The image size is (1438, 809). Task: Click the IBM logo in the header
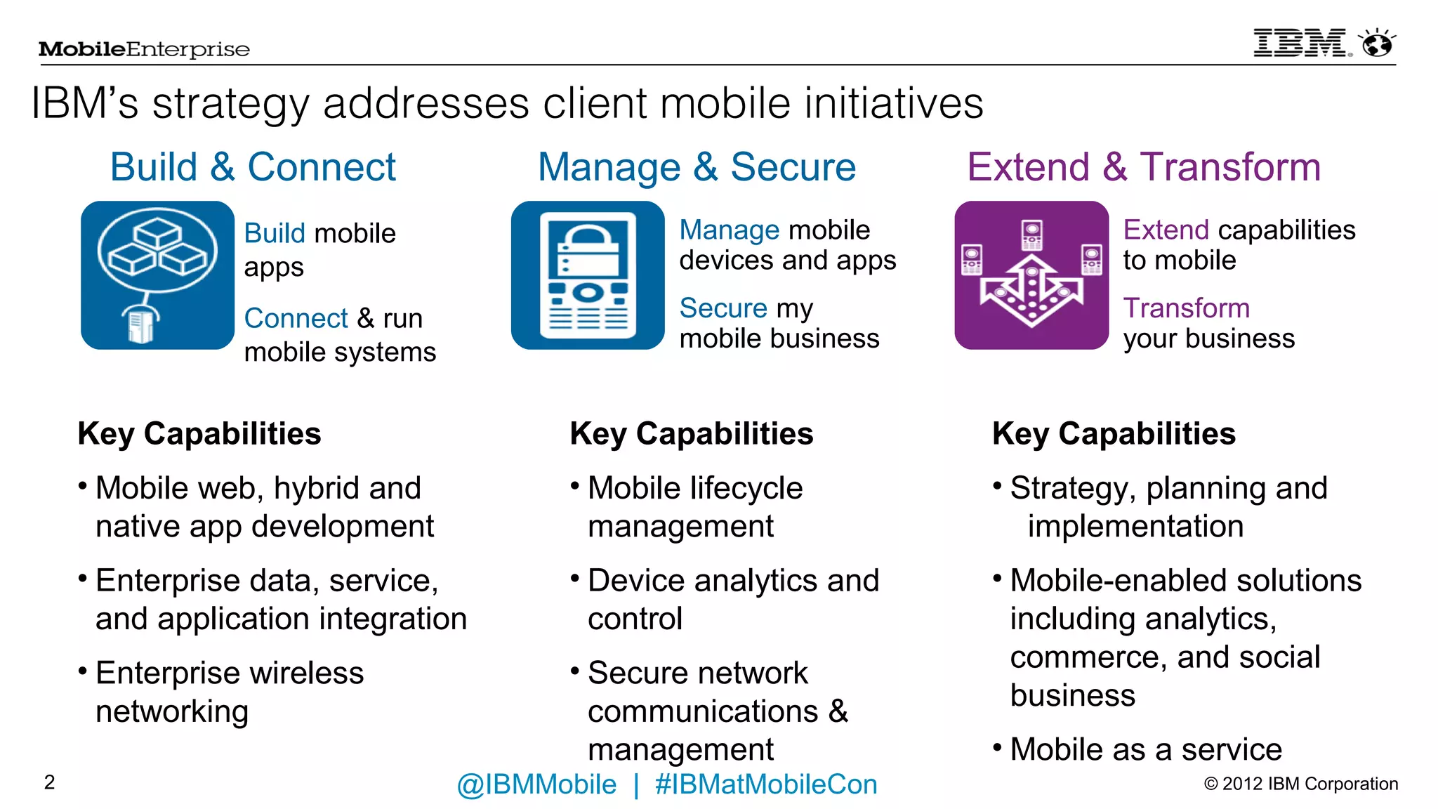pos(1301,44)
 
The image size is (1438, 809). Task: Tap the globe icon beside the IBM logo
pos(1377,44)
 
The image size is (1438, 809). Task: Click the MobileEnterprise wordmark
pos(144,49)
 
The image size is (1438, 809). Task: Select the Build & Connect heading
pos(253,167)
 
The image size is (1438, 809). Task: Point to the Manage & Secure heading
pos(697,167)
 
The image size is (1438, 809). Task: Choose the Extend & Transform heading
pos(1144,167)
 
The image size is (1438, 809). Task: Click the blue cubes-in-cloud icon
pos(157,275)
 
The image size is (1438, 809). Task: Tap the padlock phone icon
pos(588,275)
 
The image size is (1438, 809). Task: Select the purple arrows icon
pos(1031,275)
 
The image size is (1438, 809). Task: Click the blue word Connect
pos(296,318)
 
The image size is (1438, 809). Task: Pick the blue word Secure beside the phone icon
pos(723,308)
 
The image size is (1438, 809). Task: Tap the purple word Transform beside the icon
pos(1186,308)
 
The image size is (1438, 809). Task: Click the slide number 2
pos(49,782)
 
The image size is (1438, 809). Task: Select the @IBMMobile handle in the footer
pos(536,784)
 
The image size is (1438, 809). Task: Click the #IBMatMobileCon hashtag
pos(765,784)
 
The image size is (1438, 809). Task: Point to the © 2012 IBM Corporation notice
pos(1300,784)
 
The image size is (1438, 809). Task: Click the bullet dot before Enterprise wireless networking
pos(83,671)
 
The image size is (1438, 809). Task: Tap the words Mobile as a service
pos(1146,749)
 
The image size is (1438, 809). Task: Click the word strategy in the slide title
pos(230,104)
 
